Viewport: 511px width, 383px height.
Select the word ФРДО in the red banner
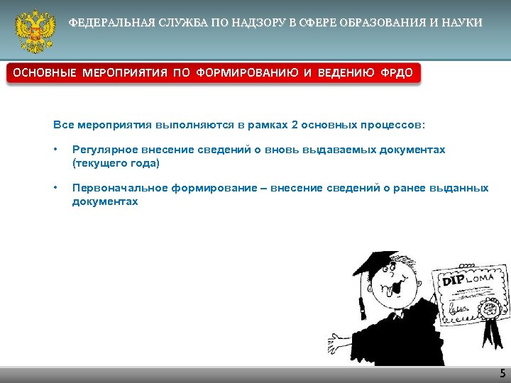click(x=395, y=74)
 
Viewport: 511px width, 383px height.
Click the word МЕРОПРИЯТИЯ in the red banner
click(x=125, y=74)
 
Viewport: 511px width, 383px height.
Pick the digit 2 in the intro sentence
click(x=294, y=125)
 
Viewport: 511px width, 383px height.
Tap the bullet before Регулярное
click(x=55, y=150)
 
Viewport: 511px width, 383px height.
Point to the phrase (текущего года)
click(x=116, y=163)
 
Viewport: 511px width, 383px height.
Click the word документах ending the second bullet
click(x=105, y=201)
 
